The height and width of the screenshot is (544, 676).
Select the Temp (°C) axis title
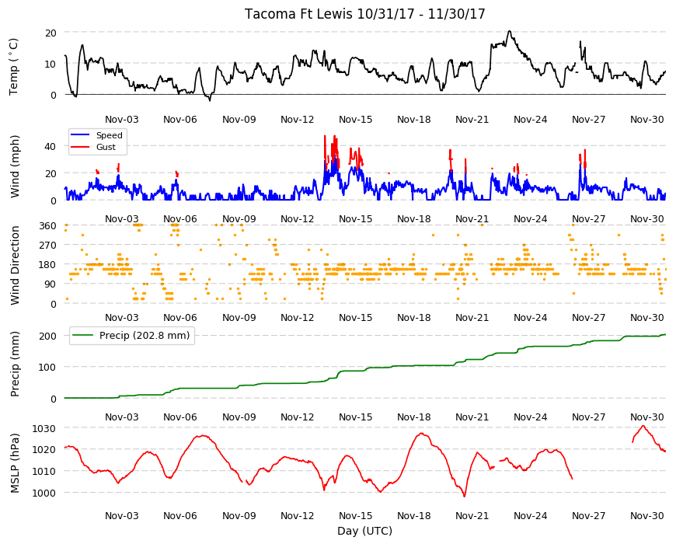tap(14, 67)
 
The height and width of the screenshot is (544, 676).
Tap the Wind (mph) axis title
tap(15, 166)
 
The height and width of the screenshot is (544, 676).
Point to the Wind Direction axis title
tap(15, 265)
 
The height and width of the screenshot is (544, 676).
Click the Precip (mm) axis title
tap(15, 364)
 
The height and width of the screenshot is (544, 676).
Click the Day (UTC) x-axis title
tap(364, 531)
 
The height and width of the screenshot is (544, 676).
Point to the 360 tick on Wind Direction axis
tap(48, 226)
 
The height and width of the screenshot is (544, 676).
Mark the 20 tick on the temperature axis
tap(51, 33)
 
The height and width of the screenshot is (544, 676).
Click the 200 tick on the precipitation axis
tap(48, 336)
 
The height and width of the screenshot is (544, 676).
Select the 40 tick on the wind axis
tap(51, 147)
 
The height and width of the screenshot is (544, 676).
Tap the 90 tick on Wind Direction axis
tap(51, 284)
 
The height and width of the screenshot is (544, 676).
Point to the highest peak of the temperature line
tap(510, 31)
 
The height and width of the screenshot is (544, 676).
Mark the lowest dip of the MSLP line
tap(465, 497)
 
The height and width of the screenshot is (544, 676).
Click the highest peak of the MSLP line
tap(643, 426)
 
